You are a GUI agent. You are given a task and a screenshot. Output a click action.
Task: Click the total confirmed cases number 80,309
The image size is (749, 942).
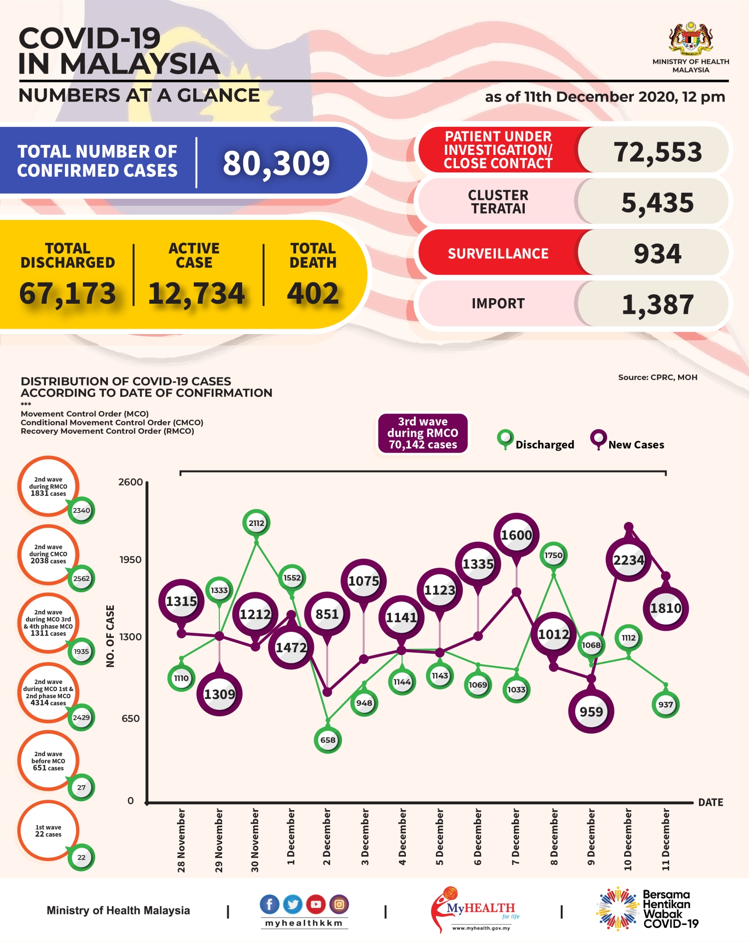(x=276, y=163)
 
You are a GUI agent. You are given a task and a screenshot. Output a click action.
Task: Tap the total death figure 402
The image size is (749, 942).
(x=313, y=293)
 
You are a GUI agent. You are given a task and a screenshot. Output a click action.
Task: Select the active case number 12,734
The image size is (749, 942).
(x=196, y=293)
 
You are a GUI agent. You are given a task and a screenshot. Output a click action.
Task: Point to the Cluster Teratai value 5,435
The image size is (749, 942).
(x=657, y=203)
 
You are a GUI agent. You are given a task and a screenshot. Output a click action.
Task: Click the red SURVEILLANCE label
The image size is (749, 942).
(x=498, y=254)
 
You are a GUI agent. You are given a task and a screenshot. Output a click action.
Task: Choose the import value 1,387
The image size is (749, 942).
(x=657, y=304)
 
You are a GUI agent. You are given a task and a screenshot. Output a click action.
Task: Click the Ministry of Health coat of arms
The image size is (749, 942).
(x=691, y=38)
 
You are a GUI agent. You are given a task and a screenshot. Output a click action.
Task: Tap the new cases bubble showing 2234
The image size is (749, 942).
(x=628, y=560)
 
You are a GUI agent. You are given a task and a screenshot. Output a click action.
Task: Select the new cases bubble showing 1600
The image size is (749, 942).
(x=516, y=535)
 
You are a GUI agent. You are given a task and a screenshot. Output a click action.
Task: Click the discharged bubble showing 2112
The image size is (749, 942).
(x=256, y=523)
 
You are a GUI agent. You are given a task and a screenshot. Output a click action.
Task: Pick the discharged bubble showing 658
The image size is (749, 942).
(x=328, y=740)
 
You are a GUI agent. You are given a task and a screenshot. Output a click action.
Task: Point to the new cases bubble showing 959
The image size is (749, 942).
(x=591, y=711)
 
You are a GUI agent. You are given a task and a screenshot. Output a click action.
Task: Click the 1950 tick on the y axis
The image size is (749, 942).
(x=130, y=559)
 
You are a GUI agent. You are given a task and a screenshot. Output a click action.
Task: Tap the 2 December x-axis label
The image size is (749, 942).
(x=327, y=837)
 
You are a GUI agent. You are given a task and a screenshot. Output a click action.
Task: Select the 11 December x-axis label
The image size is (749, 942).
(x=666, y=840)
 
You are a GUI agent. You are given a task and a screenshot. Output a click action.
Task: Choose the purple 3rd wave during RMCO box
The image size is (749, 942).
(x=422, y=433)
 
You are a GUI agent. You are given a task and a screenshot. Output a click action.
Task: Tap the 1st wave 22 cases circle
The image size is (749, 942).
(x=48, y=831)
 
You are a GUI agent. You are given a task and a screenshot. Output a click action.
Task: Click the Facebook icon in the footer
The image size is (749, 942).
(x=270, y=904)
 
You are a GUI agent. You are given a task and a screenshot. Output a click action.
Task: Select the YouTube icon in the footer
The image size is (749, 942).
(x=316, y=904)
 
